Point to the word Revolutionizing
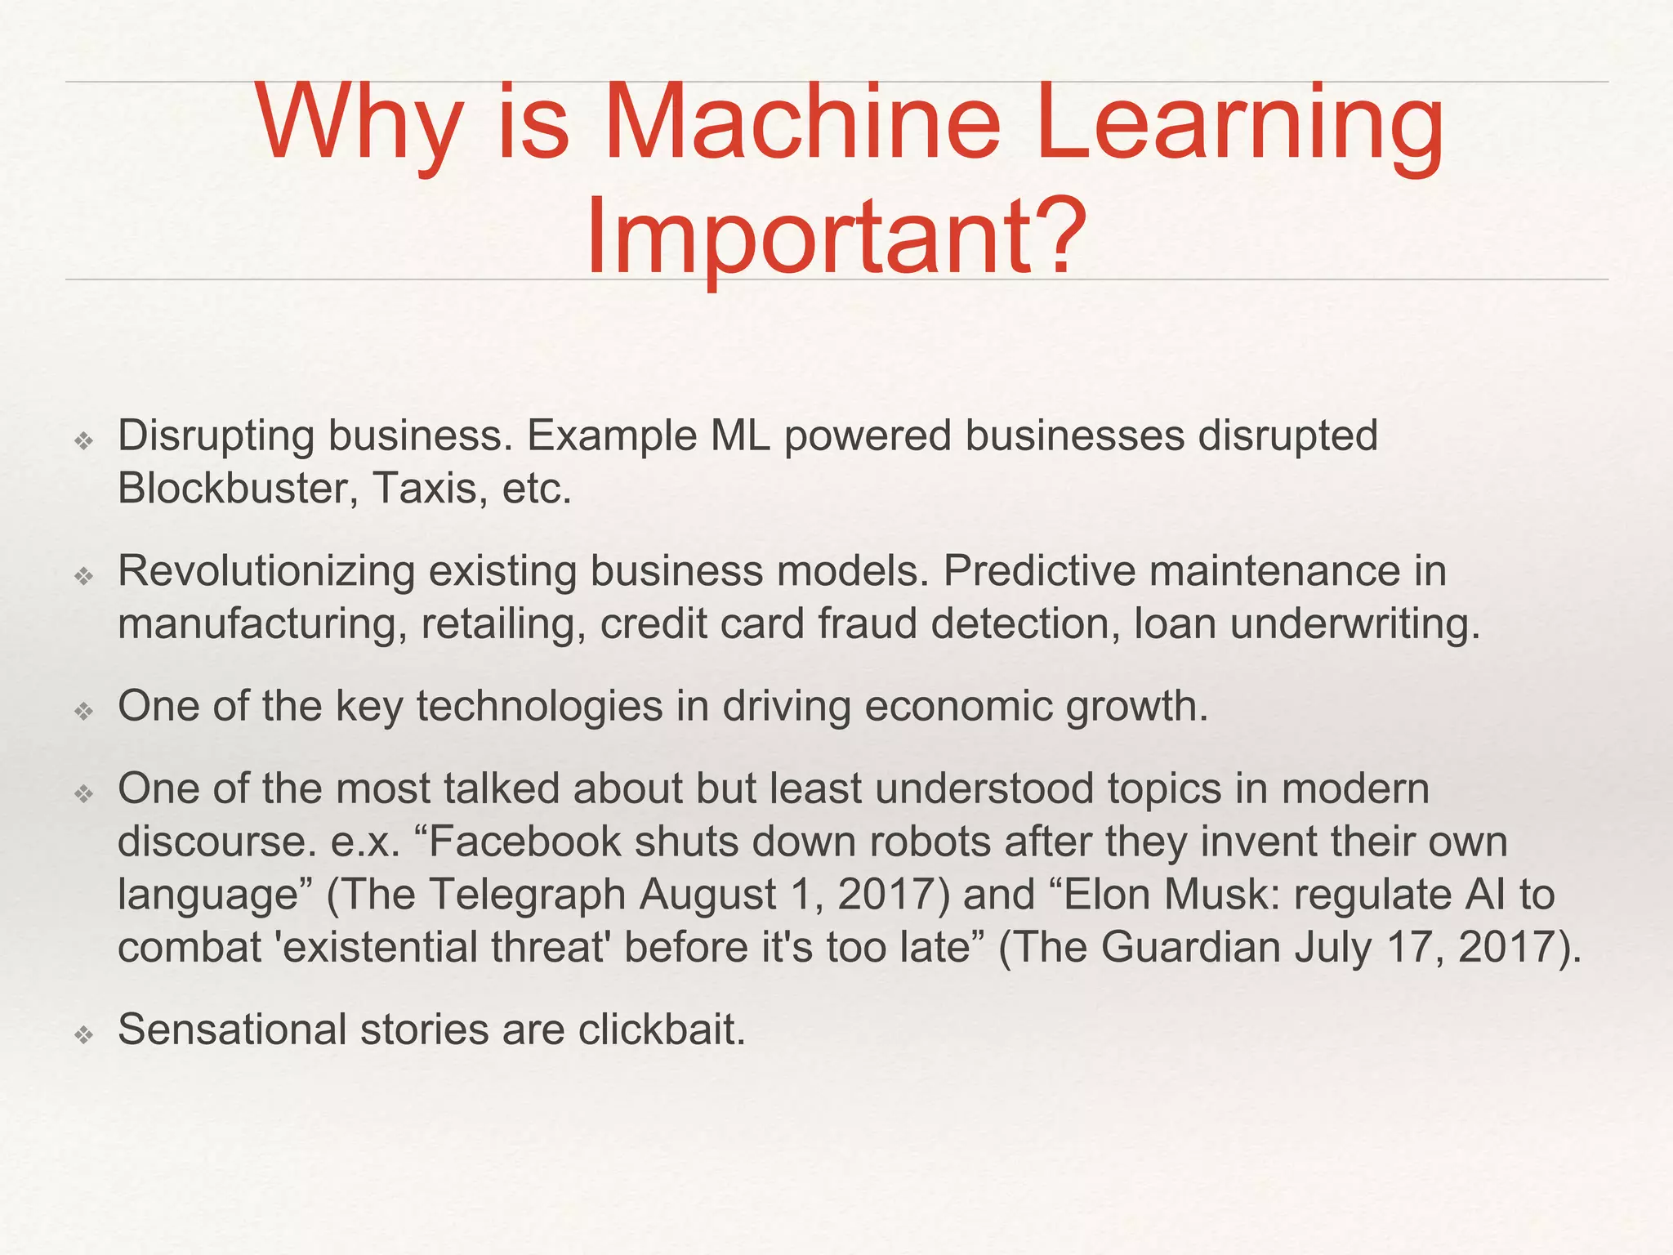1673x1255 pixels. pyautogui.click(x=266, y=570)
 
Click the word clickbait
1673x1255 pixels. pyautogui.click(x=662, y=1029)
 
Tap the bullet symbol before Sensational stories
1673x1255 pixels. pyautogui.click(x=83, y=1035)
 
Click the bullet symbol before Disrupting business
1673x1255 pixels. pyautogui.click(x=83, y=441)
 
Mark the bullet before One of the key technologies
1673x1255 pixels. pyautogui.click(x=83, y=712)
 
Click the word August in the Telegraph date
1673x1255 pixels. pyautogui.click(x=707, y=895)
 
